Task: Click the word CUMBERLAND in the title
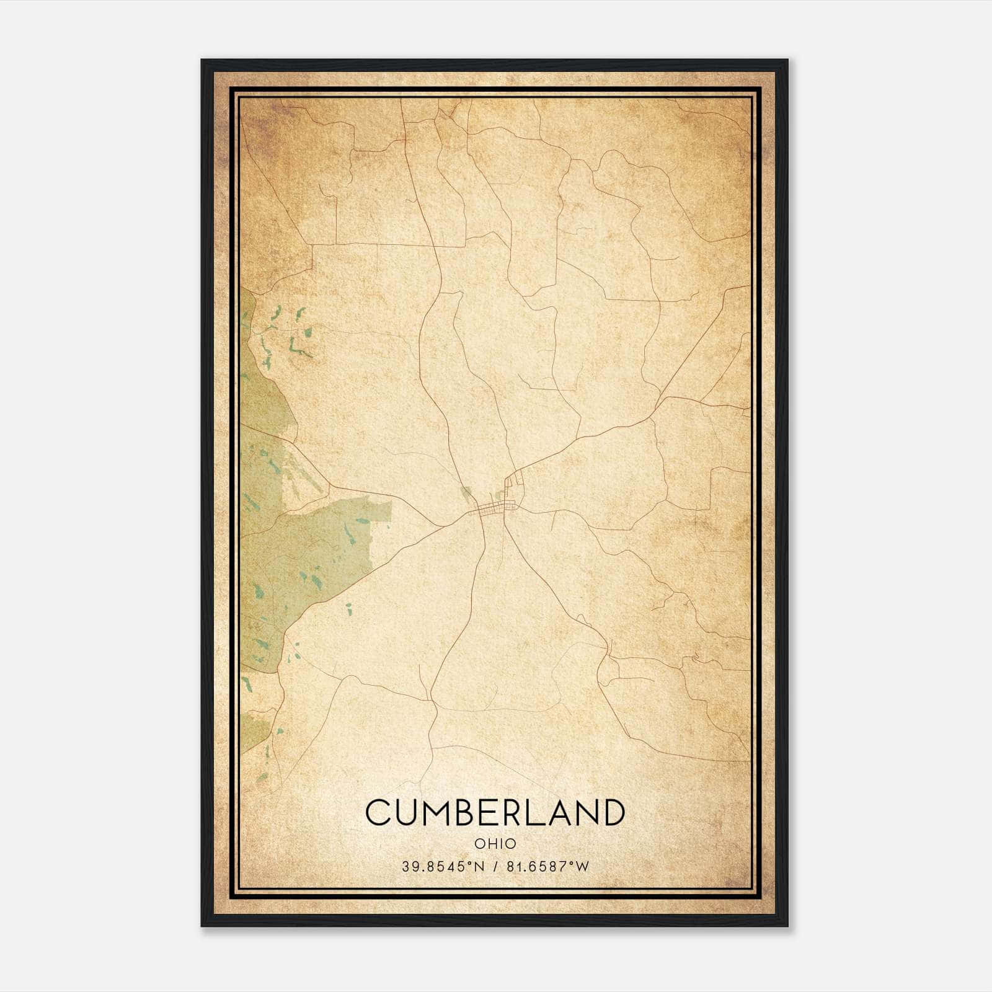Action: tap(494, 812)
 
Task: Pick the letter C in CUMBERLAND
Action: tap(378, 812)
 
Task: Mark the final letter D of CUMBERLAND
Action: tap(611, 812)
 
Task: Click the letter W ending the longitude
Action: tap(582, 867)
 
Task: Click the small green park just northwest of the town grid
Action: tap(466, 494)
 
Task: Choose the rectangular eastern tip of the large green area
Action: tap(381, 511)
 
